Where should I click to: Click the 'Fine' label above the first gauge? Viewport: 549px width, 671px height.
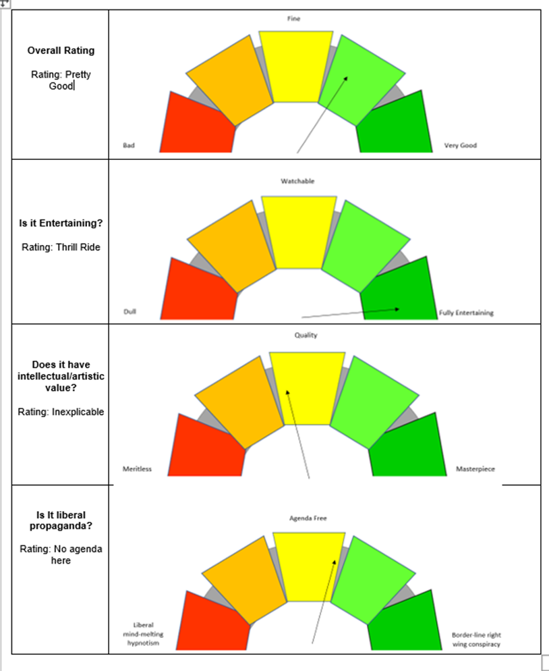pos(293,19)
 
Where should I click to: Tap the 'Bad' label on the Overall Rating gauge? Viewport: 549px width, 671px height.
pos(128,145)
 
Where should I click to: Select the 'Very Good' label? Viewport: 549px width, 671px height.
pos(460,145)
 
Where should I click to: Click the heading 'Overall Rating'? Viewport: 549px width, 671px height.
pos(61,51)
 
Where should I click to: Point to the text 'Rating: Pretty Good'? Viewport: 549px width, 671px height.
pos(61,80)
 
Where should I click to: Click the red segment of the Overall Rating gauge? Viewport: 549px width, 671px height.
pos(196,125)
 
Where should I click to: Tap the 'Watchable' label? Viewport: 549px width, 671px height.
pos(297,181)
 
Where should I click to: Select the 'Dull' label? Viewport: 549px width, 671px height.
pos(129,312)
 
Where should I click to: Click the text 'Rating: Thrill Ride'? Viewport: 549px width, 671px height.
pos(61,247)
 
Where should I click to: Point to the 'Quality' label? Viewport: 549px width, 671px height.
pos(306,335)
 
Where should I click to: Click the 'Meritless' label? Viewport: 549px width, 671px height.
pos(137,469)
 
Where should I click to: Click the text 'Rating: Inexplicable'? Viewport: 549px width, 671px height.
pos(61,412)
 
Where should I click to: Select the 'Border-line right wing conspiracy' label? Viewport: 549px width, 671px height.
pos(476,639)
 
